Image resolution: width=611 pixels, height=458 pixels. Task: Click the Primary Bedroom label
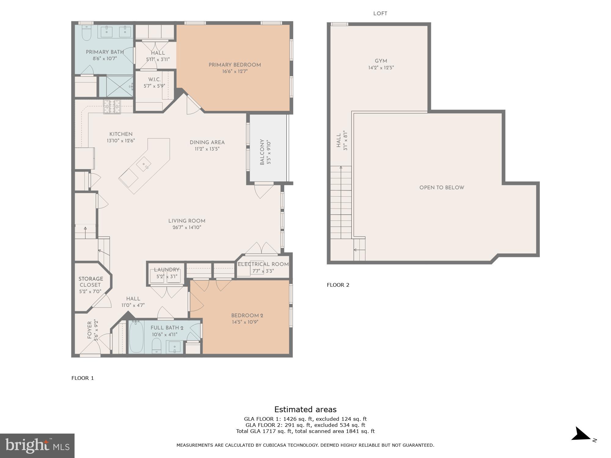234,65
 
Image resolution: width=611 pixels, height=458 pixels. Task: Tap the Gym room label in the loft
381,61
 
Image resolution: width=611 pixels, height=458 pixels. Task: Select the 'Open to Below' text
441,188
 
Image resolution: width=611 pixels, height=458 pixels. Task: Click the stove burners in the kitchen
112,107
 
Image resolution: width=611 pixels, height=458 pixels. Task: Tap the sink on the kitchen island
144,165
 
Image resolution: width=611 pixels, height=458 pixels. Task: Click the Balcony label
262,152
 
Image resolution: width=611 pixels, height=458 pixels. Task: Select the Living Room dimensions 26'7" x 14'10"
187,227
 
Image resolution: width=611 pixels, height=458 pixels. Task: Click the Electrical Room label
263,264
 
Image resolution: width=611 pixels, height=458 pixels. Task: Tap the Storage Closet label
90,282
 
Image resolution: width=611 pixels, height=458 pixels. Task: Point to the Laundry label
166,270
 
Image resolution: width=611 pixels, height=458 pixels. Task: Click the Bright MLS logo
37,446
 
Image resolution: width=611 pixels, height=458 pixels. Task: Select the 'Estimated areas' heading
305,409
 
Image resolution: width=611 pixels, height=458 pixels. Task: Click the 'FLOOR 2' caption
338,285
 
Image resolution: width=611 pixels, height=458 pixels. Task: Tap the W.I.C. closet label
154,80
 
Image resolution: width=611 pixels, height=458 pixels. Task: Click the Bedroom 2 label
247,316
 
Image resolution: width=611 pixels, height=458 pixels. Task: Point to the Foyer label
90,330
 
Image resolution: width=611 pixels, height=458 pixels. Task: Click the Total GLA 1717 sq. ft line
305,431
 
